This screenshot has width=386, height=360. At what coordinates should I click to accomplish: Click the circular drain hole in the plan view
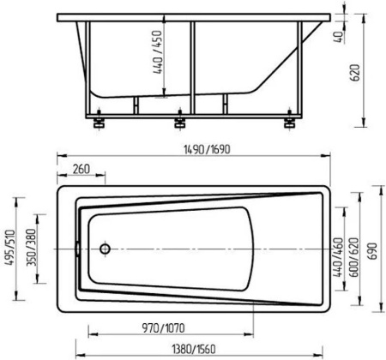pos(104,249)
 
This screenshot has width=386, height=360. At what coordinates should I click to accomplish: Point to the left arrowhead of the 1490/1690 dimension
pos(60,156)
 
